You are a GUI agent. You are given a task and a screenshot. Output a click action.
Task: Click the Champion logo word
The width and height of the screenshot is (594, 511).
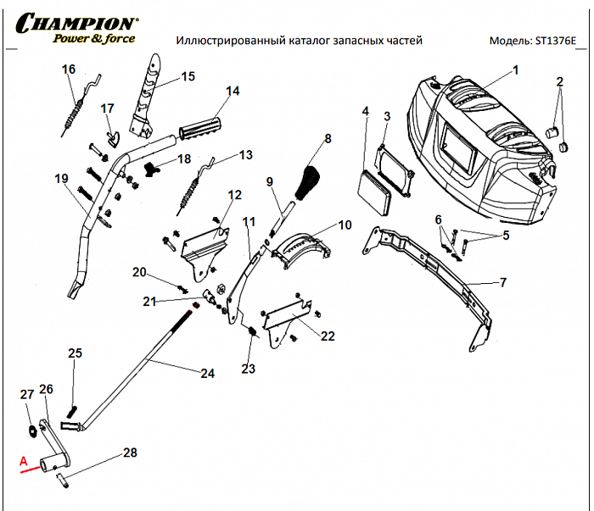click(x=75, y=21)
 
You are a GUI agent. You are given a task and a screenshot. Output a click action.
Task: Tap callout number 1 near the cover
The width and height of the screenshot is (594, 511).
click(x=513, y=71)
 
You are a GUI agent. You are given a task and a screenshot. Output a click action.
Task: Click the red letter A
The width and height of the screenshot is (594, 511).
click(x=24, y=462)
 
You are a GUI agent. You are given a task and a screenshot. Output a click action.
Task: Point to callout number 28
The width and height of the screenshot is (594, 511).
click(x=129, y=453)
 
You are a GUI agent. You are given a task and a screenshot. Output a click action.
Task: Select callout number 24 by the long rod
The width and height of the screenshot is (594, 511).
click(x=207, y=373)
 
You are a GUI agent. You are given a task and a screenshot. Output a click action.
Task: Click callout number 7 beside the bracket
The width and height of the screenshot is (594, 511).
click(x=502, y=281)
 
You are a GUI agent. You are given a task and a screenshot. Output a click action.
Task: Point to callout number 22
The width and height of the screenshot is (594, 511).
click(x=328, y=336)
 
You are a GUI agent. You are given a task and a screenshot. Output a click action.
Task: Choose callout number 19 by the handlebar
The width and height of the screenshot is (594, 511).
click(x=60, y=179)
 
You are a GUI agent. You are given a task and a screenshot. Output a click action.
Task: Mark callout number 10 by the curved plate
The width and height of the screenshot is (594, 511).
click(x=345, y=225)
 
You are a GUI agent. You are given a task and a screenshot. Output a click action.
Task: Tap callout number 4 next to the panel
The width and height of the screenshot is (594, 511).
click(x=365, y=112)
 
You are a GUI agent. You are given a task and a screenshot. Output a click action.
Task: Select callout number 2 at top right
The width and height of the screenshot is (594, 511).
click(x=559, y=81)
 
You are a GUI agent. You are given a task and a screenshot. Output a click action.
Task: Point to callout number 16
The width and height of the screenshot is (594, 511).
click(x=69, y=69)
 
